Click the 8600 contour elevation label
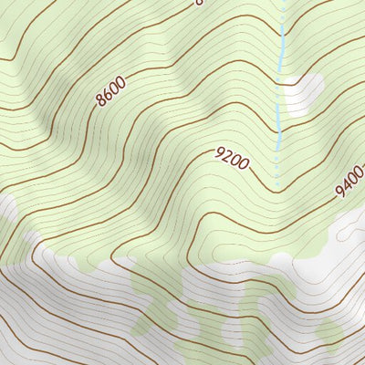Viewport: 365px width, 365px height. (x=110, y=91)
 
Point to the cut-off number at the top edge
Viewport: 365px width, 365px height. (x=198, y=3)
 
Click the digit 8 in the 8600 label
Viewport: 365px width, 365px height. (x=100, y=100)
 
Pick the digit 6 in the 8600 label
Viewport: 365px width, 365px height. (x=107, y=94)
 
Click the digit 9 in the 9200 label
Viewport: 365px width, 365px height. (x=220, y=153)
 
